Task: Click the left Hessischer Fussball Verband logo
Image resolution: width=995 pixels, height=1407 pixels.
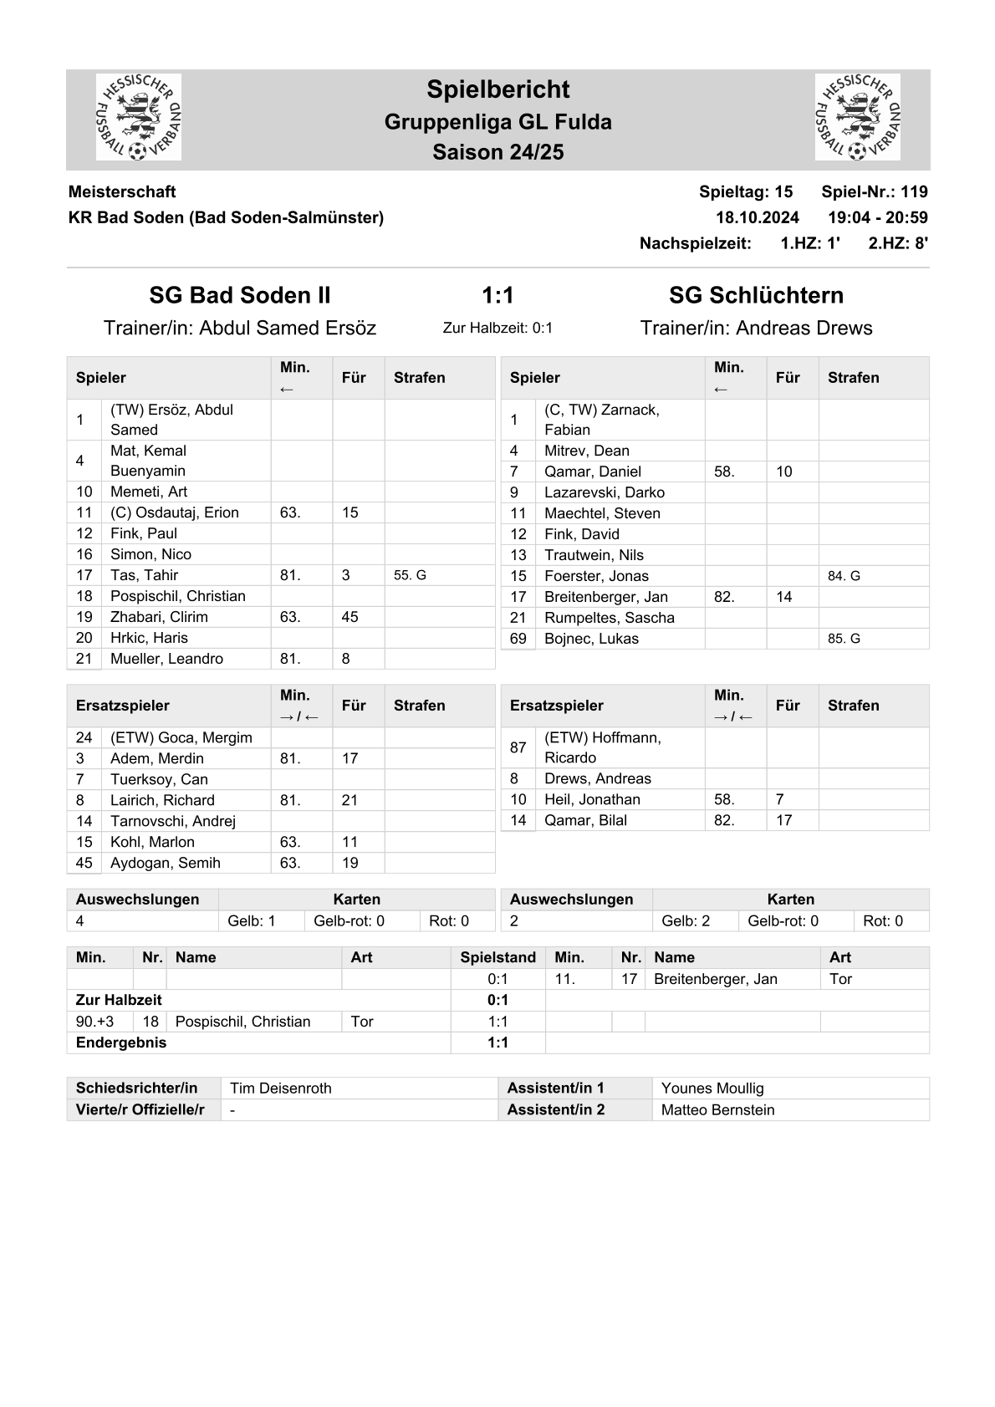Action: click(x=139, y=117)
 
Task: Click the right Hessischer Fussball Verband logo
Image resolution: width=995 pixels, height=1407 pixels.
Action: click(x=857, y=117)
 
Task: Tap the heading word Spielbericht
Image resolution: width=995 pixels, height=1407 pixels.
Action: click(x=497, y=89)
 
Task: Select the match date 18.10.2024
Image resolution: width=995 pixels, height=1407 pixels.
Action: click(x=758, y=217)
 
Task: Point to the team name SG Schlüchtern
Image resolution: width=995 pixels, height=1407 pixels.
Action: click(x=756, y=295)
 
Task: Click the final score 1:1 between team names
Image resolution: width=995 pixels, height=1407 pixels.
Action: click(x=497, y=295)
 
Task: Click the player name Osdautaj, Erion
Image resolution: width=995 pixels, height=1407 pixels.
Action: click(x=175, y=512)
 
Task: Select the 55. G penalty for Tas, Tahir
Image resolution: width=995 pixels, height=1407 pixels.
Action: click(x=410, y=575)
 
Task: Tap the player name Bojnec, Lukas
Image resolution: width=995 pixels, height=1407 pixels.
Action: click(x=591, y=639)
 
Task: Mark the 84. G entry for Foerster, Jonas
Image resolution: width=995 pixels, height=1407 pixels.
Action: click(x=844, y=576)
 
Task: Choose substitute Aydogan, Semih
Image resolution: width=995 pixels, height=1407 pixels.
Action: click(x=166, y=863)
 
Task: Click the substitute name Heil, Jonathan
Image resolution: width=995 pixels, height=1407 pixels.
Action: click(x=592, y=799)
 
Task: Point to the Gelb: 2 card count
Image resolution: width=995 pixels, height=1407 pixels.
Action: click(x=686, y=921)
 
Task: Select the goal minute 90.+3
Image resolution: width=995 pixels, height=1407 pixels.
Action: click(x=94, y=1022)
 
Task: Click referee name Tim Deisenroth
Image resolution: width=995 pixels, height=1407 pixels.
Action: click(x=281, y=1088)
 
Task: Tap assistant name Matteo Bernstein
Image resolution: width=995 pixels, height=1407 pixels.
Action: click(x=717, y=1110)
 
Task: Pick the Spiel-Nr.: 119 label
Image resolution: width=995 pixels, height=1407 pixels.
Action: click(x=874, y=191)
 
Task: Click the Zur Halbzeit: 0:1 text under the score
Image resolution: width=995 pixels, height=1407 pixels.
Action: click(x=497, y=328)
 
